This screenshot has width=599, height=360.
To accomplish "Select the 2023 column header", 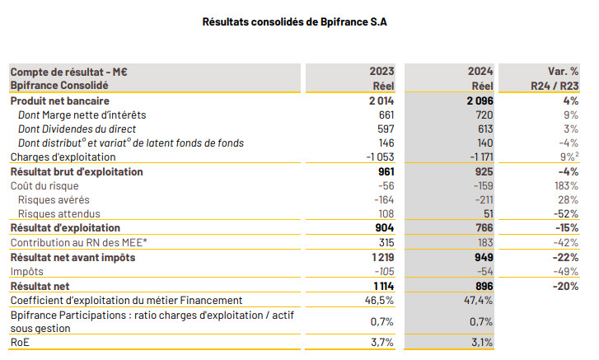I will pos(382,72).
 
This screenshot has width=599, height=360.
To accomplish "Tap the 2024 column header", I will pos(480,72).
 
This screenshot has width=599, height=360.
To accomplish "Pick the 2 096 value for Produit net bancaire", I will pos(475,101).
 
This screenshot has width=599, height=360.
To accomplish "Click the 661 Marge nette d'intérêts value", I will pos(386,115).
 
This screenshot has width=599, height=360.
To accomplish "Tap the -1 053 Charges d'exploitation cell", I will pos(378,157).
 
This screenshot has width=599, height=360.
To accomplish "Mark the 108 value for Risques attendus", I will pos(386,214).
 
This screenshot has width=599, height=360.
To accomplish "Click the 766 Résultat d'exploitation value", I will pos(483,228).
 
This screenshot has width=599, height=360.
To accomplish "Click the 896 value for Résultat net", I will pos(483,286).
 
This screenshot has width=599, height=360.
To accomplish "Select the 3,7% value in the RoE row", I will pos(382,342).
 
